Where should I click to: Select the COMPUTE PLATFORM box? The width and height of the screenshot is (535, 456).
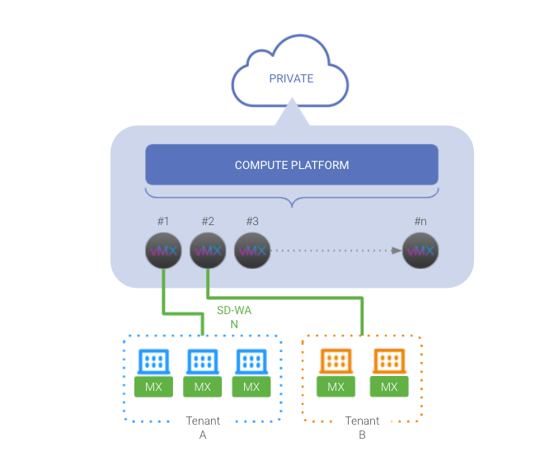click(291, 165)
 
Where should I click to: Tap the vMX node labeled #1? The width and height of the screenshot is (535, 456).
click(162, 250)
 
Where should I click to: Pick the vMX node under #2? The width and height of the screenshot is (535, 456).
click(207, 250)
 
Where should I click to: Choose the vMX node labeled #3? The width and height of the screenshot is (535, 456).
click(252, 250)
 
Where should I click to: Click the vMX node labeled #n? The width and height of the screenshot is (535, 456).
click(420, 250)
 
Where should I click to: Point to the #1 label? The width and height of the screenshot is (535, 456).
click(162, 221)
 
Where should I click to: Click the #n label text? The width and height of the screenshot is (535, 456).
click(420, 221)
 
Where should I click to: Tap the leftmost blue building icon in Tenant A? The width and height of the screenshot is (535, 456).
click(153, 361)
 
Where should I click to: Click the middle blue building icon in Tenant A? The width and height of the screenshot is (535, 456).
click(203, 361)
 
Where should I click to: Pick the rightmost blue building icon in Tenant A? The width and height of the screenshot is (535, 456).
click(251, 361)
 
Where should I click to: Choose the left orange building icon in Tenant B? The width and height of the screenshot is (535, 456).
click(336, 361)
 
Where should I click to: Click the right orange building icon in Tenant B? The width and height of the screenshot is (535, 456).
click(389, 361)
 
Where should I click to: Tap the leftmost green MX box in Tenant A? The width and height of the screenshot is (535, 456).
click(153, 387)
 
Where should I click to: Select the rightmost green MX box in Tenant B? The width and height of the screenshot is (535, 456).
click(389, 387)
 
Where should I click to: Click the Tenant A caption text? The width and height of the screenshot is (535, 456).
click(203, 427)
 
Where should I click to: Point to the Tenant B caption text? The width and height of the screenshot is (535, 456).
click(361, 427)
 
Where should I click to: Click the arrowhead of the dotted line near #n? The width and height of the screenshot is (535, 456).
click(397, 250)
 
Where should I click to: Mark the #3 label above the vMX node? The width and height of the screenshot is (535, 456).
click(252, 221)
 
